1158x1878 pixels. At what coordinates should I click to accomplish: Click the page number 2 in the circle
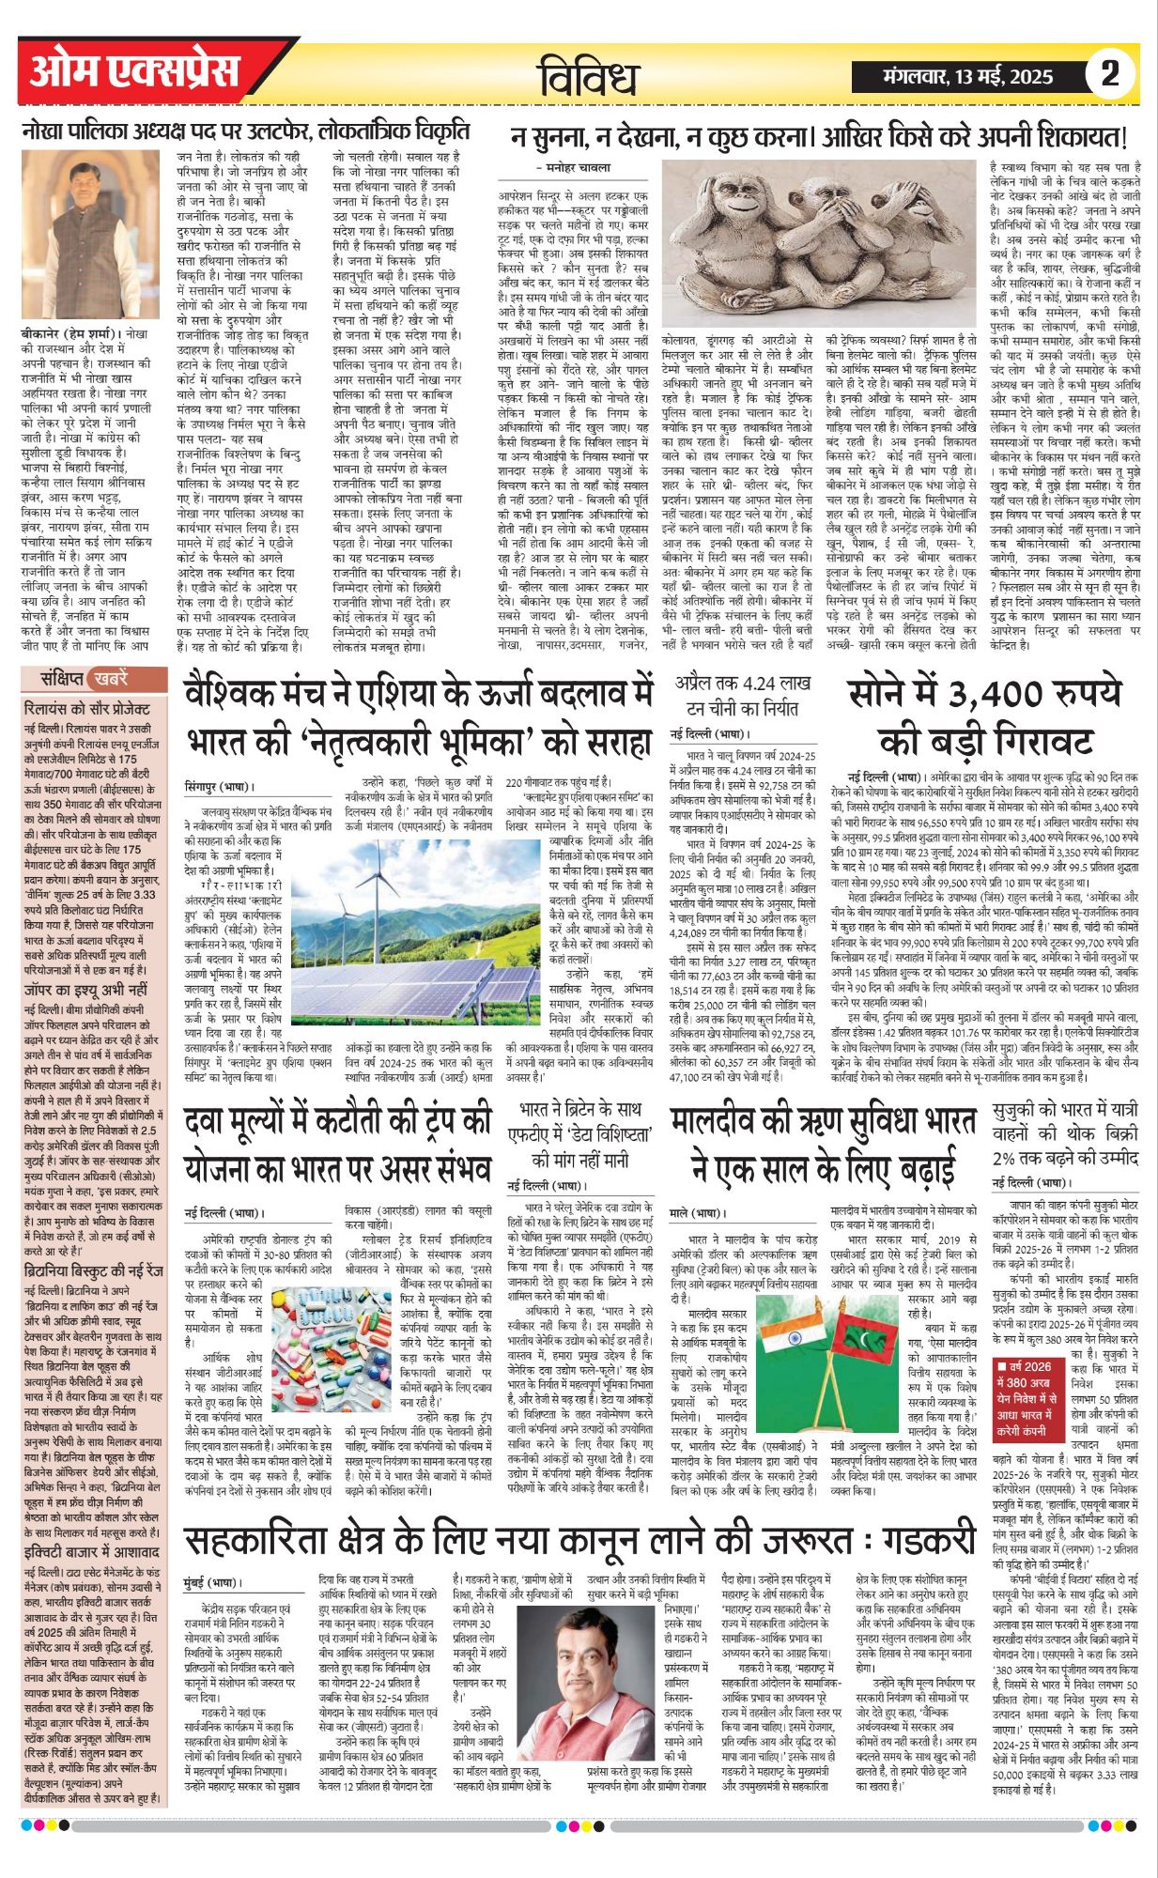pos(1110,73)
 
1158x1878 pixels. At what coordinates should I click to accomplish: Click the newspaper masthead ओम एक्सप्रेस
pos(134,72)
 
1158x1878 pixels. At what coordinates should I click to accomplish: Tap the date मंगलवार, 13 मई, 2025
pos(968,76)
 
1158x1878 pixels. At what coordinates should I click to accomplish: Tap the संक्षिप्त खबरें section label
pos(85,678)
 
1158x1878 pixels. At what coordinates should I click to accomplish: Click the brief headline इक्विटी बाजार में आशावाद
pos(92,1551)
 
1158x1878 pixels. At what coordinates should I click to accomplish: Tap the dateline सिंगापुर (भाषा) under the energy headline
pos(219,786)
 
